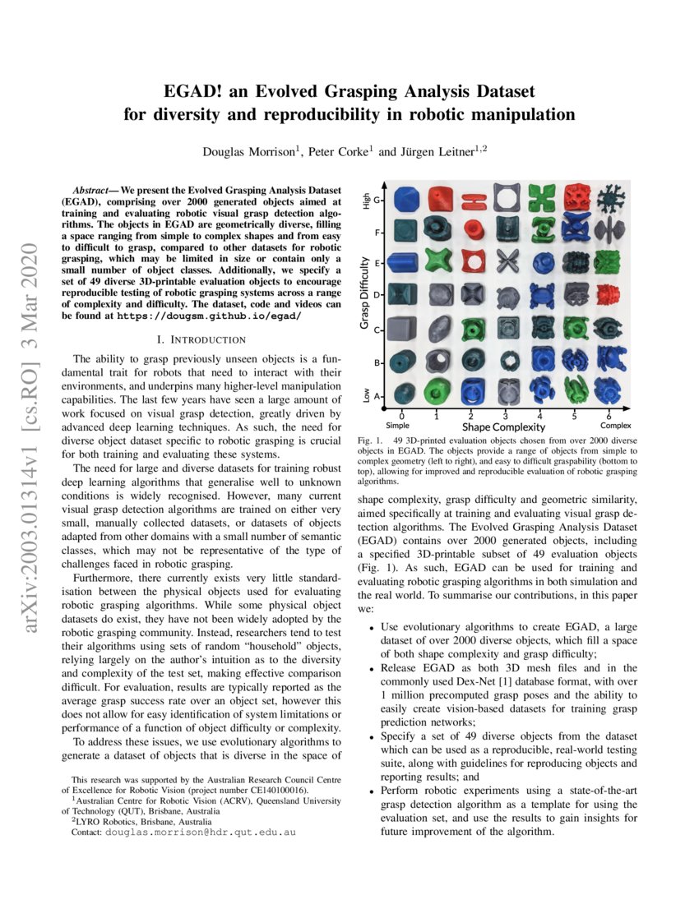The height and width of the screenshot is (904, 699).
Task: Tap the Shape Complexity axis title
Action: tap(503, 427)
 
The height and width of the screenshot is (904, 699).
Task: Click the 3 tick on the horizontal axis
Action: tap(504, 416)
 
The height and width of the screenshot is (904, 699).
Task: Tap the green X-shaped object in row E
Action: tap(437, 264)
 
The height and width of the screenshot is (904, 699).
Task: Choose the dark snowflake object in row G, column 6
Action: tap(609, 199)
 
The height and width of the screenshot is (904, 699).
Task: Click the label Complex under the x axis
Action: tap(615, 426)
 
